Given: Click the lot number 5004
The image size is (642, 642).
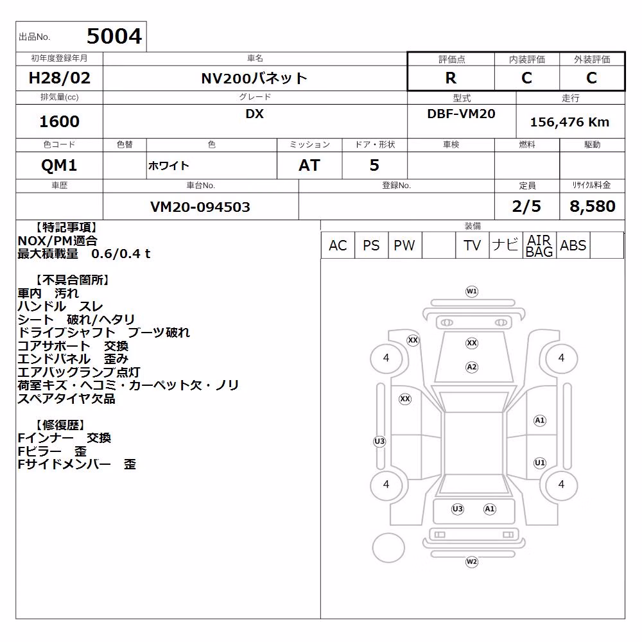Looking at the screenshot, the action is [x=114, y=36].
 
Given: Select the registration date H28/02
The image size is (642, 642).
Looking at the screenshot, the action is [x=59, y=78].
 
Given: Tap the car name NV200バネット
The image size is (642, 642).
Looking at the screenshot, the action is [x=254, y=78].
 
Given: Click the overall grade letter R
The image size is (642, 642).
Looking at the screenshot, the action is [x=451, y=78].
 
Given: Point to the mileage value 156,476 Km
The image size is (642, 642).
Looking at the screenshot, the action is [x=569, y=121].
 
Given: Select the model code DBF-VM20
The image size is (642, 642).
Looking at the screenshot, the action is [x=461, y=114].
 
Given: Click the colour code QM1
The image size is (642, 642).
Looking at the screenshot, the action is [x=59, y=165].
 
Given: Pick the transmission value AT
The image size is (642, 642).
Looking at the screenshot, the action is [x=309, y=165].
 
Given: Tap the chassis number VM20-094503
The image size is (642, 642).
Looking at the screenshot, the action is [x=200, y=207].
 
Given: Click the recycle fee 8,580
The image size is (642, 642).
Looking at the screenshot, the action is [x=593, y=206].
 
